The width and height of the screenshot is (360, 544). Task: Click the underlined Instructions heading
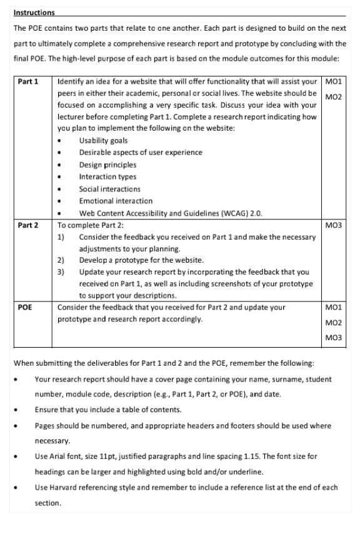pyautogui.click(x=34, y=13)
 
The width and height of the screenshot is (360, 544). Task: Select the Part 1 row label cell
pyautogui.click(x=28, y=82)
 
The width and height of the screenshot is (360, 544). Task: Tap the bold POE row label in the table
pyautogui.click(x=25, y=308)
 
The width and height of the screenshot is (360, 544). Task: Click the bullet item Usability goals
pyautogui.click(x=103, y=141)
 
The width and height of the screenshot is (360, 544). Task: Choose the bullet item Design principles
pyautogui.click(x=107, y=165)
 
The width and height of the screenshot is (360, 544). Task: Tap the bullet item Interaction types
pyautogui.click(x=107, y=177)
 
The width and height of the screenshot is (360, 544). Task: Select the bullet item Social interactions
pyautogui.click(x=109, y=189)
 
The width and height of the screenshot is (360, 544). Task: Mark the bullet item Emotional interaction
pyautogui.click(x=116, y=201)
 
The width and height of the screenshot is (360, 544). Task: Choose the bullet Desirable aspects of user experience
pyautogui.click(x=141, y=153)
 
